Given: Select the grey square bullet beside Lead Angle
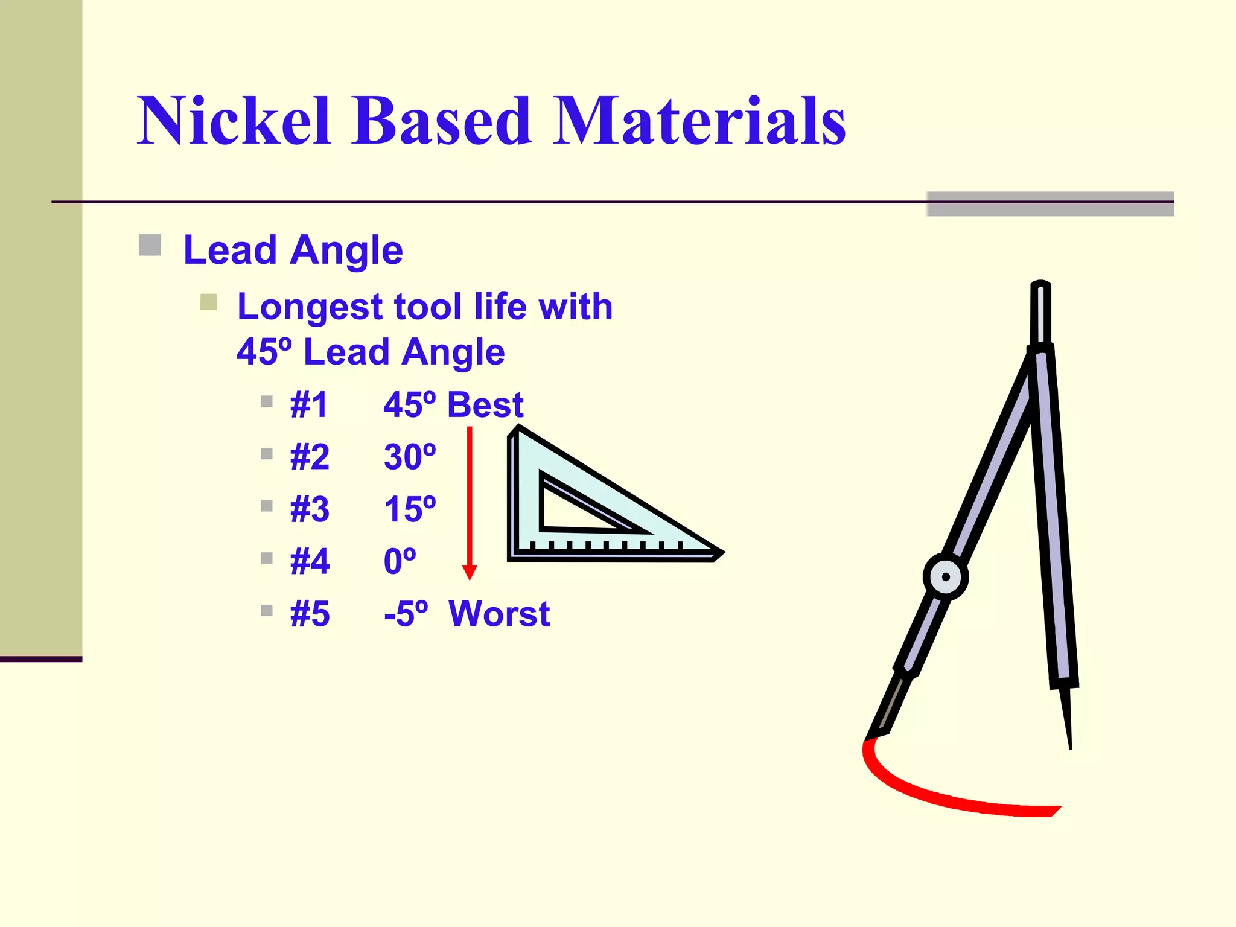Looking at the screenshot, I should pyautogui.click(x=150, y=246).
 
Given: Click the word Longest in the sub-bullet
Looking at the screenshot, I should pyautogui.click(x=310, y=307).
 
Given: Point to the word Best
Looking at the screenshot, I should pyautogui.click(x=485, y=405).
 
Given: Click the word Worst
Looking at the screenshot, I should pyautogui.click(x=499, y=614).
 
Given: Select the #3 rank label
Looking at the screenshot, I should pyautogui.click(x=310, y=509).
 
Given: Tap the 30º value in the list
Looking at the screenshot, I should pyautogui.click(x=410, y=457).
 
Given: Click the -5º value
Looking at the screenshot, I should pyautogui.click(x=406, y=614).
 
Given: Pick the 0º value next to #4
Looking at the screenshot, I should pyautogui.click(x=400, y=561).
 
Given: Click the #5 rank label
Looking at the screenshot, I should pyautogui.click(x=310, y=614).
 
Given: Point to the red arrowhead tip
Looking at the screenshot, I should pyautogui.click(x=470, y=577).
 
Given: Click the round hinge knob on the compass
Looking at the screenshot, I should pyautogui.click(x=946, y=577).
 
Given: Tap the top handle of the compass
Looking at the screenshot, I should pyautogui.click(x=1040, y=311).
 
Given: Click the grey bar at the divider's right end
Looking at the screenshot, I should pyautogui.click(x=1050, y=204).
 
